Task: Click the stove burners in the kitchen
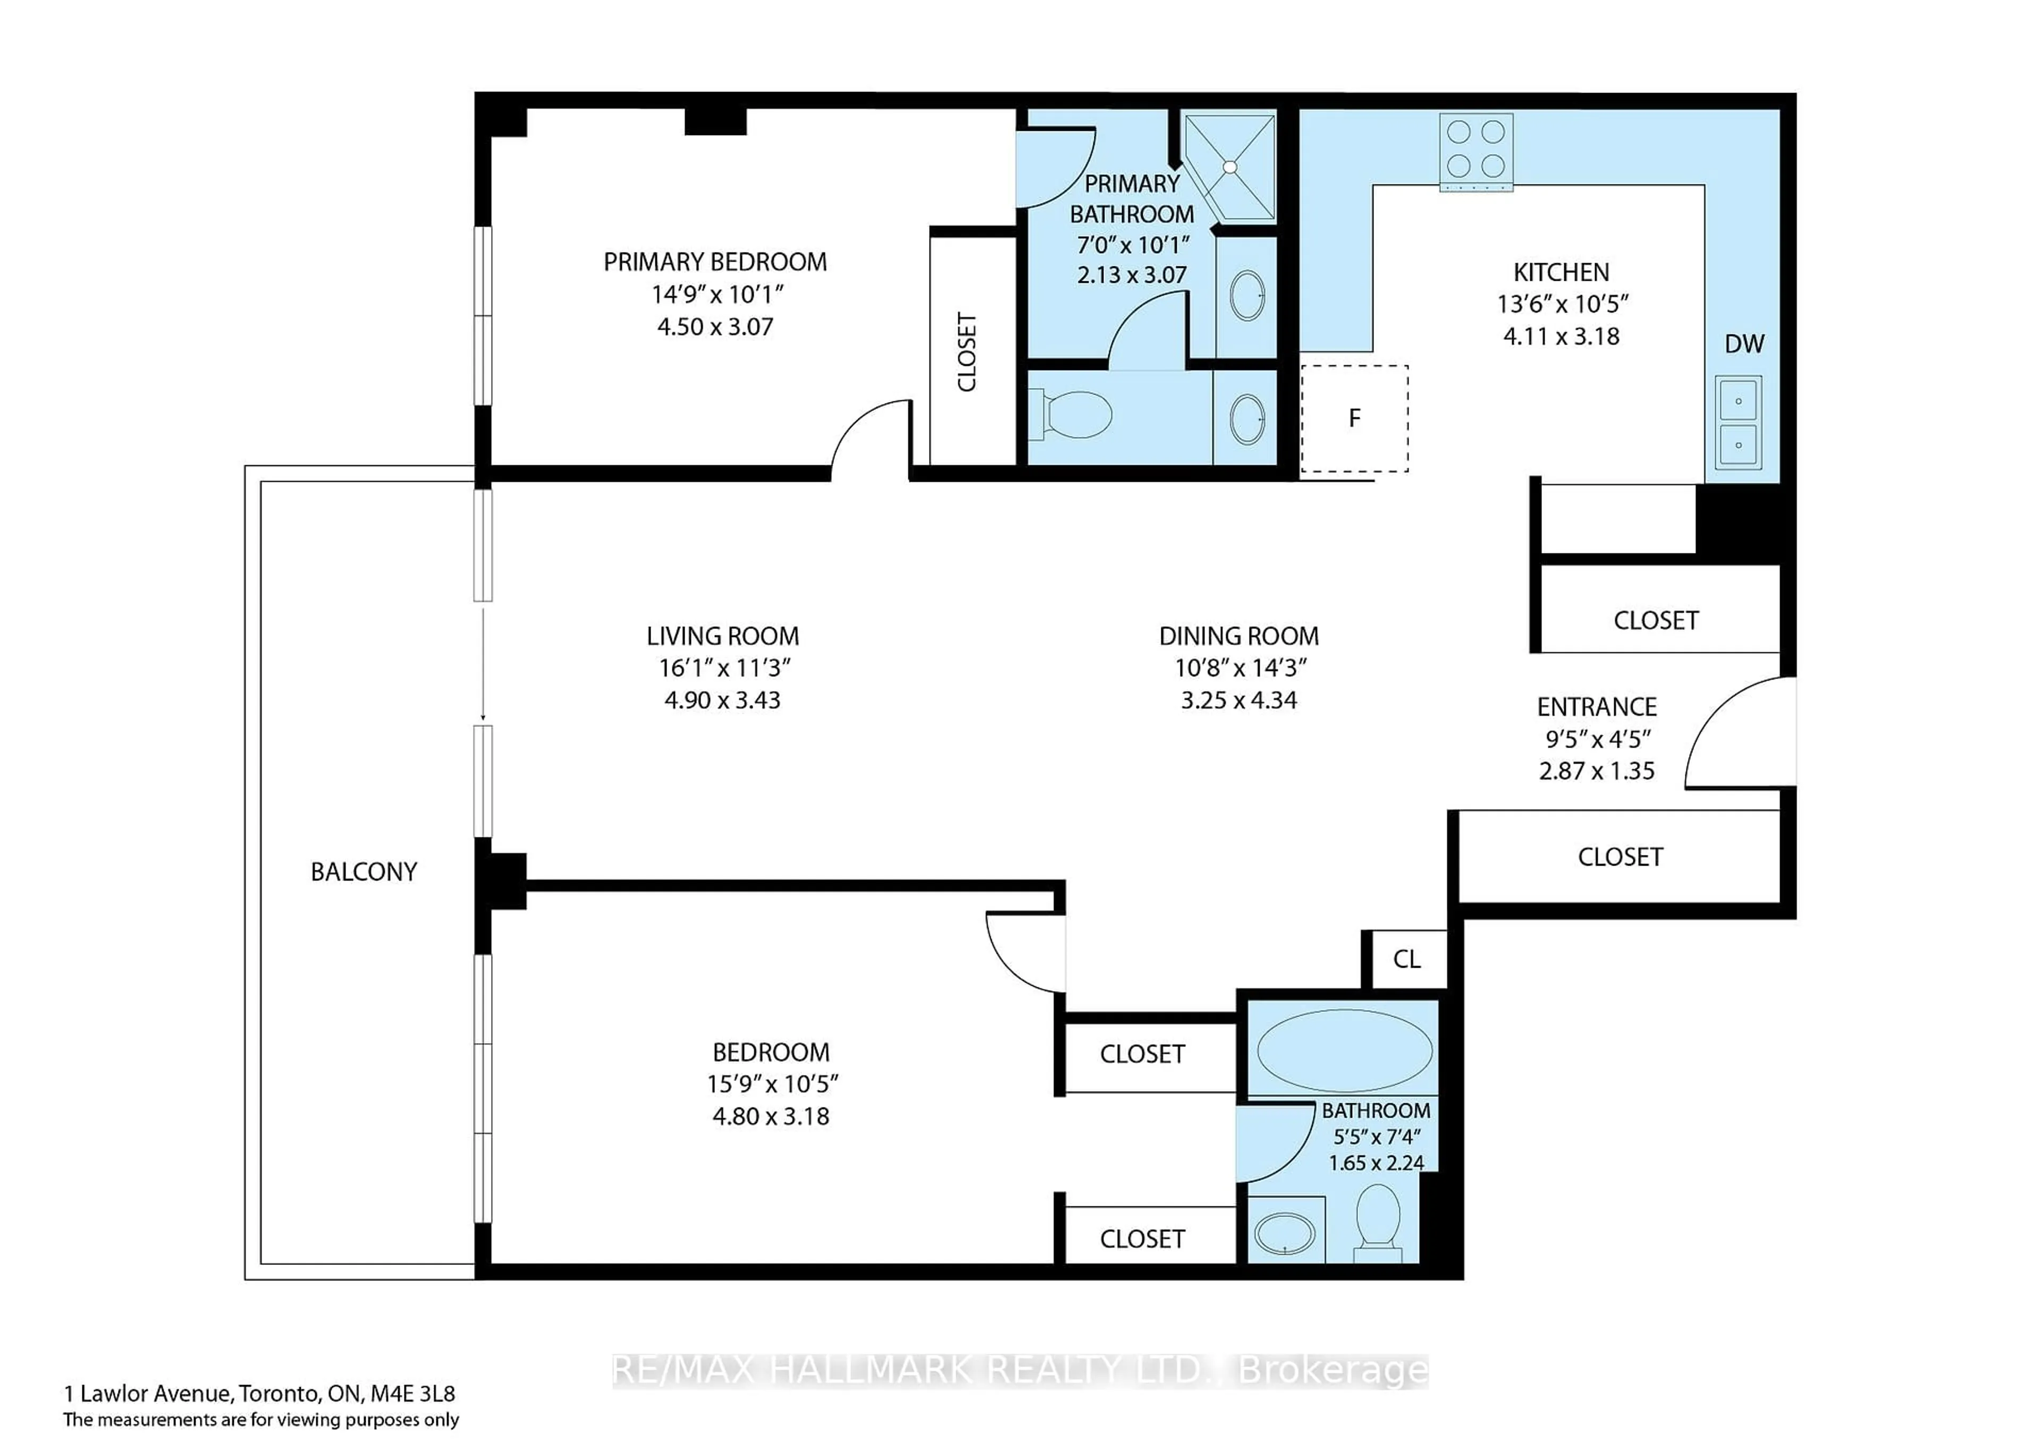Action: [x=1475, y=148]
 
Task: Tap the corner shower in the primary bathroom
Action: [x=1231, y=166]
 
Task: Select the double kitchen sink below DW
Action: [x=1738, y=422]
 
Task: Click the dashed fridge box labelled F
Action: [x=1354, y=418]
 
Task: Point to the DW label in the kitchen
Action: [x=1744, y=344]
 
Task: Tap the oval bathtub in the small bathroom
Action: [x=1344, y=1050]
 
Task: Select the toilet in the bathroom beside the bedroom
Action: [x=1378, y=1222]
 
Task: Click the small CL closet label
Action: [x=1406, y=959]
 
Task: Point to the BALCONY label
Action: [x=364, y=871]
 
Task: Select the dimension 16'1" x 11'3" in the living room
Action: [x=723, y=668]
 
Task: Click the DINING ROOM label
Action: [x=1238, y=636]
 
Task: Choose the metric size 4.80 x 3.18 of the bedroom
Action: [x=771, y=1116]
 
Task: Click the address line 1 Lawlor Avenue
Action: [x=259, y=1392]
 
